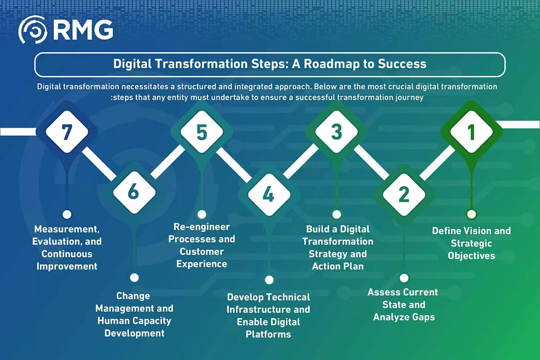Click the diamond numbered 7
coord(67,132)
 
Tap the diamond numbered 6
coord(134,193)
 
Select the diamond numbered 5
coord(202,132)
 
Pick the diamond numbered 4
coord(269,194)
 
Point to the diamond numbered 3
coord(337,132)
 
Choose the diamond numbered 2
coord(404,194)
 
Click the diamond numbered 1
coord(472,132)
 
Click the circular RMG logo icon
coord(33,30)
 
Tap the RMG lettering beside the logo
coord(83,30)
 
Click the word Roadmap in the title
coord(332,64)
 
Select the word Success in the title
coord(402,63)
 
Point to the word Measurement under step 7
coord(67,229)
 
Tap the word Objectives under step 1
coord(471,256)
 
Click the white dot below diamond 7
coord(67,214)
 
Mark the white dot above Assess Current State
coord(404,278)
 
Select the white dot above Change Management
coord(134,278)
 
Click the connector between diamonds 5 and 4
coord(234,165)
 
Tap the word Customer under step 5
coord(202,252)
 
